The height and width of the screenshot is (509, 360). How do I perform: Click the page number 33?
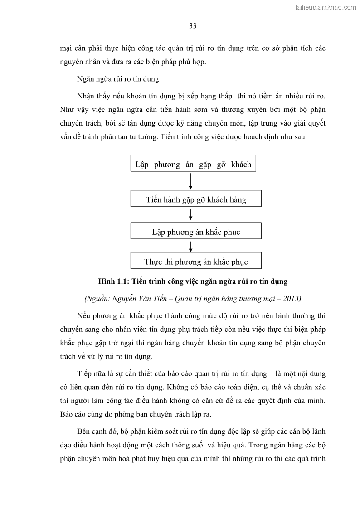(x=193, y=26)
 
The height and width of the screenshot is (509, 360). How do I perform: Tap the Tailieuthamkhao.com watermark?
(x=325, y=7)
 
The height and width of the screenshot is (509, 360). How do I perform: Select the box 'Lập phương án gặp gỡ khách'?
(x=193, y=164)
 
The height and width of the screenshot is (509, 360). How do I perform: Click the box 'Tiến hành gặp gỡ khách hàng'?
(x=196, y=199)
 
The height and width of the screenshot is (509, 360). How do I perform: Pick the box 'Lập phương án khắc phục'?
(x=196, y=232)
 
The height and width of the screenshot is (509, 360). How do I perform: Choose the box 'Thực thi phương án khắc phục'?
(x=196, y=262)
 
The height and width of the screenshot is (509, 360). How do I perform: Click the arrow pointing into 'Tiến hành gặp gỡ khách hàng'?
(x=191, y=181)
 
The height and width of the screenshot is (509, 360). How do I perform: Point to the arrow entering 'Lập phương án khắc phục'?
(x=191, y=215)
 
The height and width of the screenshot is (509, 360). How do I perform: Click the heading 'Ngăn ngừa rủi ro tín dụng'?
(x=118, y=79)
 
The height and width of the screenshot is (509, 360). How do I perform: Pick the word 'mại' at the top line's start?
(x=66, y=48)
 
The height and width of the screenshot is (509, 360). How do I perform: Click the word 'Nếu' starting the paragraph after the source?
(x=85, y=315)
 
